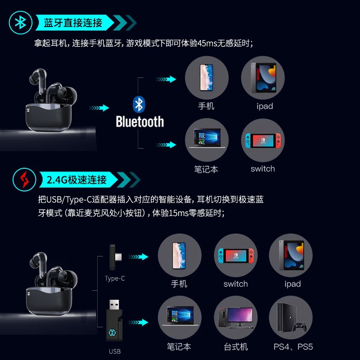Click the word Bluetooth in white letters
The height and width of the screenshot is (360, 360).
pyautogui.click(x=139, y=121)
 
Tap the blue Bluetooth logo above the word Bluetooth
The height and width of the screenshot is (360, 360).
pyautogui.click(x=139, y=104)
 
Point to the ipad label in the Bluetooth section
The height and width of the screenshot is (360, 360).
pyautogui.click(x=265, y=107)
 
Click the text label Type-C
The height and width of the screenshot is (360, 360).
pyautogui.click(x=115, y=279)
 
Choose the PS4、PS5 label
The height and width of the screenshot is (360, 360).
pyautogui.click(x=293, y=347)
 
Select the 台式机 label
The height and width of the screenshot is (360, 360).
pyautogui.click(x=236, y=347)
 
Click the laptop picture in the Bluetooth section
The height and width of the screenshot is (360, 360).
pyautogui.click(x=207, y=140)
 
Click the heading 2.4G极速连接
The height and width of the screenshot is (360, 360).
pyautogui.click(x=77, y=180)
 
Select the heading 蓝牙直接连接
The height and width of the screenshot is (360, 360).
pyautogui.click(x=73, y=22)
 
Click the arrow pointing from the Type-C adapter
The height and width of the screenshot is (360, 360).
pyautogui.click(x=139, y=257)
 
